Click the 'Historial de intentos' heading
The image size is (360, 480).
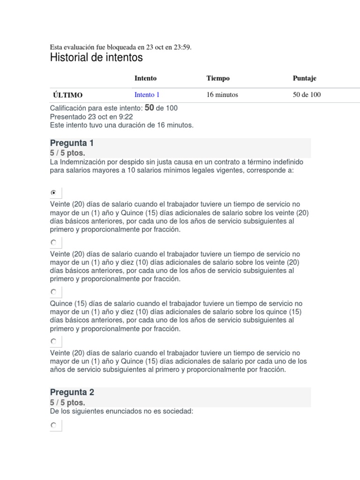96,58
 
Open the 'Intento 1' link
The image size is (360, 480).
147,95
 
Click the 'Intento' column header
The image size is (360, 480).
145,78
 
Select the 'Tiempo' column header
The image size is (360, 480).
218,78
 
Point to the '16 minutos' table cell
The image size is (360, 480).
222,95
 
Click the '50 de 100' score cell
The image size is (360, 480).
307,95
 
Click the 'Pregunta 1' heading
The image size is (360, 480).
72,143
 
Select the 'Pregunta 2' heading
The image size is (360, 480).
72,392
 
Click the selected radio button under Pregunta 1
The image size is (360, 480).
54,192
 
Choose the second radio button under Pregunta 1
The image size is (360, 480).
54,242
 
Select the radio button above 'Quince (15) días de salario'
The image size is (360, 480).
54,292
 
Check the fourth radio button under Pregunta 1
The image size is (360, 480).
54,341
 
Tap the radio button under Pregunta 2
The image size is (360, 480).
54,425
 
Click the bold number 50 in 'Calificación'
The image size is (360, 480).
150,108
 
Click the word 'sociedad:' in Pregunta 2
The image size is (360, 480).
179,411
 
